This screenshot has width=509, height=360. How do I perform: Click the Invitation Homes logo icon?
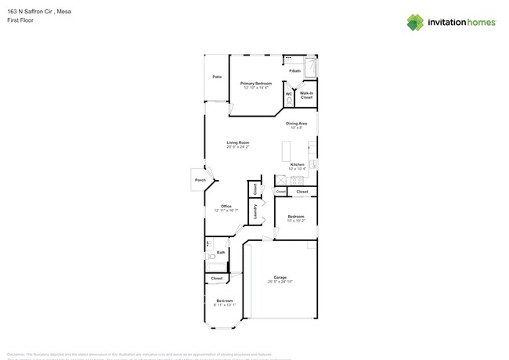click(414, 22)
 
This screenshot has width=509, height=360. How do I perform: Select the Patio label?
click(217, 77)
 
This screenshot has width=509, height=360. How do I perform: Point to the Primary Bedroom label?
click(256, 83)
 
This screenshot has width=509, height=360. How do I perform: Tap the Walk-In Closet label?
click(306, 95)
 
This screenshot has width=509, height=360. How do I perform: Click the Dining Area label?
click(296, 123)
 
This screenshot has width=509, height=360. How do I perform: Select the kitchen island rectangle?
click(286, 150)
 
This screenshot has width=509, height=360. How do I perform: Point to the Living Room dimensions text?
click(238, 147)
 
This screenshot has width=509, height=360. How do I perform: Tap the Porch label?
click(200, 181)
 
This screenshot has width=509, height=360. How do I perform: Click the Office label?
click(226, 206)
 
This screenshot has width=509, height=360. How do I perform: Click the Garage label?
click(280, 277)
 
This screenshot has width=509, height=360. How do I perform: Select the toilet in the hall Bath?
click(210, 256)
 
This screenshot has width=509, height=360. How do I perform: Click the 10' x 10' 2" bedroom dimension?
click(296, 221)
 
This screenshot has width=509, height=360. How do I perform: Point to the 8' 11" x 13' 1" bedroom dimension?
click(224, 305)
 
